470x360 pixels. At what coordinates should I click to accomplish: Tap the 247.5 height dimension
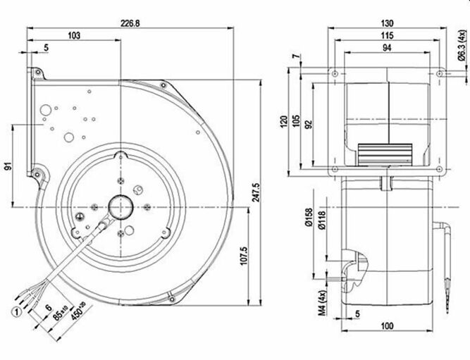point(259,190)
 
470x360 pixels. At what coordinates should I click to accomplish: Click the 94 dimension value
point(387,47)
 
